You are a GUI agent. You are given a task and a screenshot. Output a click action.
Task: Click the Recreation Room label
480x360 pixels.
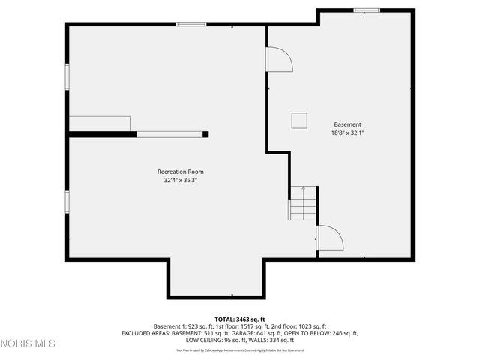pyautogui.click(x=180, y=172)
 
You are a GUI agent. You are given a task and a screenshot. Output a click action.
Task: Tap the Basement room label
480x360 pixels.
pyautogui.click(x=347, y=124)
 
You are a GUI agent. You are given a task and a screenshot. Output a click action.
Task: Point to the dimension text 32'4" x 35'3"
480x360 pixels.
pyautogui.click(x=180, y=180)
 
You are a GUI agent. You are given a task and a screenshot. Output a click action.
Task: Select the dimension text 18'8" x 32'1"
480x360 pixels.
pyautogui.click(x=347, y=133)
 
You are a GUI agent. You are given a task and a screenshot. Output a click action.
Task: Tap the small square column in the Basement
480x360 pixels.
pyautogui.click(x=299, y=120)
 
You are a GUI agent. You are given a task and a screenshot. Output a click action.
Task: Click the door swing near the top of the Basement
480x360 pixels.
pyautogui.click(x=279, y=60)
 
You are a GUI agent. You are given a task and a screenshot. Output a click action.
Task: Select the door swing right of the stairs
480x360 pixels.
pyautogui.click(x=329, y=238)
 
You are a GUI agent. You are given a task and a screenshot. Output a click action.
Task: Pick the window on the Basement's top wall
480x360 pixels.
pyautogui.click(x=367, y=10)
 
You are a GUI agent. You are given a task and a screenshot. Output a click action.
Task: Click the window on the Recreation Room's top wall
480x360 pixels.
pyautogui.click(x=191, y=25)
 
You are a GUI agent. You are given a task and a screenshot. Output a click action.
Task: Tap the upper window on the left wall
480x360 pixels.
pyautogui.click(x=67, y=76)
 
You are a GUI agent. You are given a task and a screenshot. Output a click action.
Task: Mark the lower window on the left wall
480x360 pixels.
pyautogui.click(x=67, y=202)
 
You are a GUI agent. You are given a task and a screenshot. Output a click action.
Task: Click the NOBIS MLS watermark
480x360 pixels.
pyautogui.click(x=28, y=343)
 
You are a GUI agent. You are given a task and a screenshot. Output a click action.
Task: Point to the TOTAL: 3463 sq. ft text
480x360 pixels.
pyautogui.click(x=240, y=319)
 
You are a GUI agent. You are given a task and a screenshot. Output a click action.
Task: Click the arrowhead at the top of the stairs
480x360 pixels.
pyautogui.click(x=303, y=188)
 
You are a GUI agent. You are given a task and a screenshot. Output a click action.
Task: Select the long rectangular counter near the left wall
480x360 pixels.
pyautogui.click(x=100, y=124)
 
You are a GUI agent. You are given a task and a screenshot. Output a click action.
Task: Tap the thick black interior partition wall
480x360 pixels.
pyautogui.click(x=102, y=135)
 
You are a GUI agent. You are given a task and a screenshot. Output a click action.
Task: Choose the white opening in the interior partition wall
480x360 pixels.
pyautogui.click(x=169, y=135)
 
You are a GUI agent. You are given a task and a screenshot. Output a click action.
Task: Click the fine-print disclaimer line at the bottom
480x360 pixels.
pyautogui.click(x=240, y=350)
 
